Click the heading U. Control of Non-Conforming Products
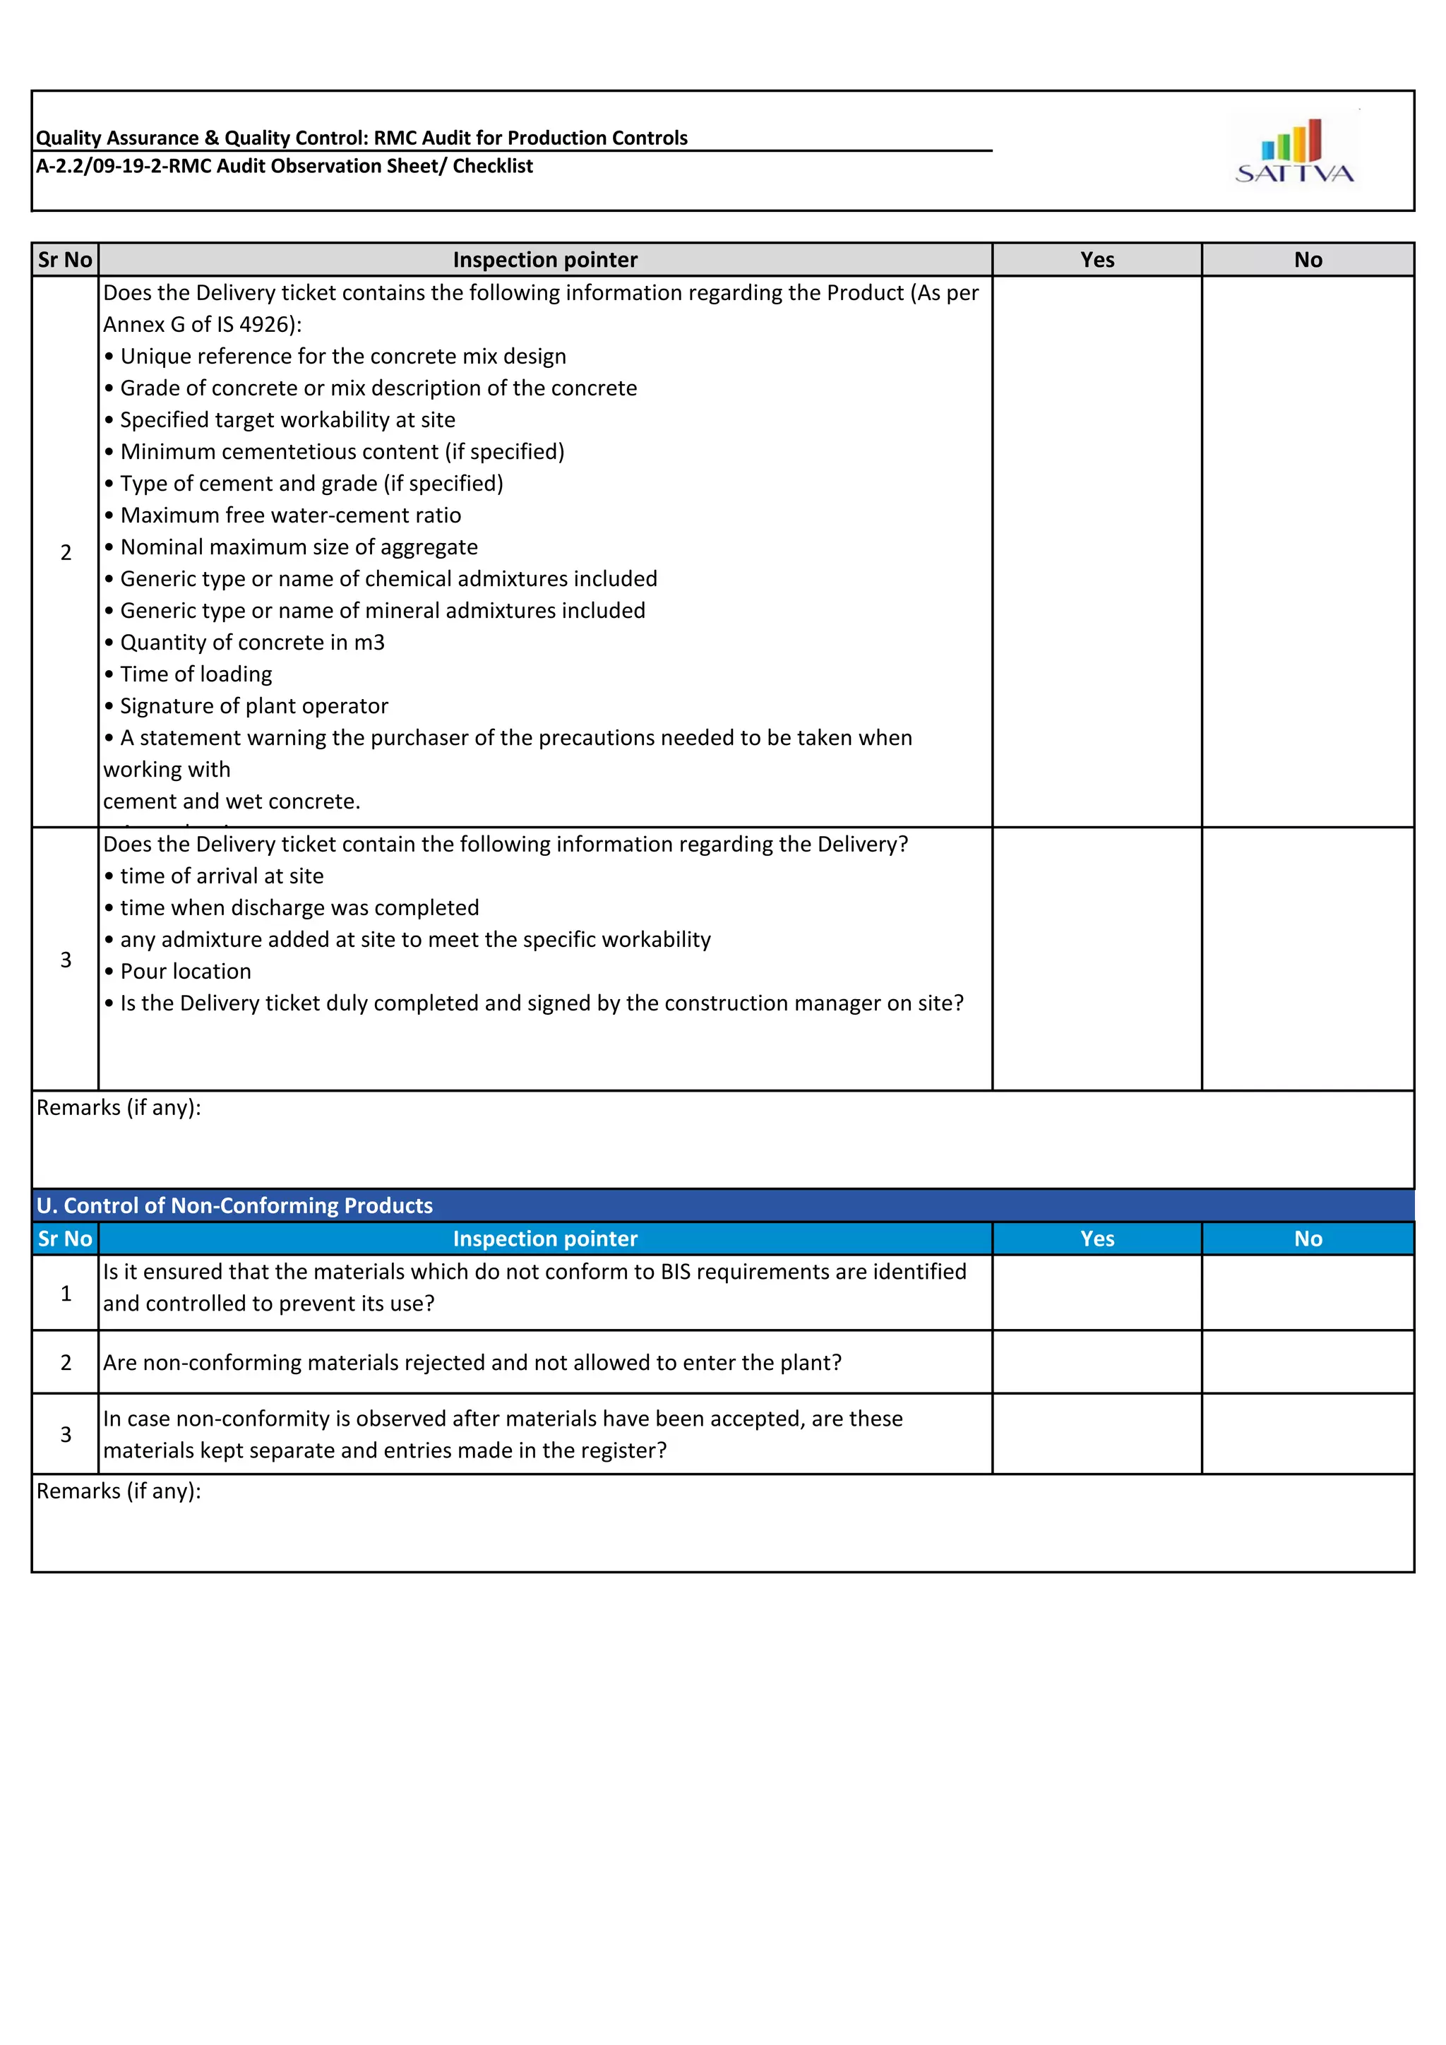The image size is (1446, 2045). pos(234,1206)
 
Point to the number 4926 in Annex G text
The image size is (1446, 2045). pos(265,325)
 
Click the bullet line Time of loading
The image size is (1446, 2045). pos(195,674)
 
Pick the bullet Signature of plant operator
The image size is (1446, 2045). pos(253,706)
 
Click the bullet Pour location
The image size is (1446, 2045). pos(185,972)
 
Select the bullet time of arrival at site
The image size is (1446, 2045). pos(222,876)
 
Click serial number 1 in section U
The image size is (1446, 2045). pos(65,1293)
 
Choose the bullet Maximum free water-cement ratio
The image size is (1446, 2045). pos(290,515)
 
